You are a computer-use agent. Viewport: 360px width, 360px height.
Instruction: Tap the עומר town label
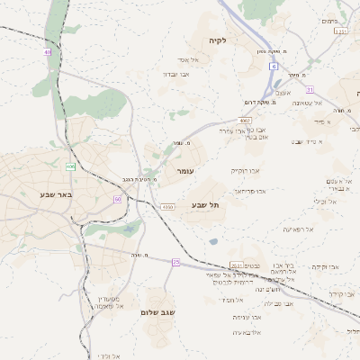pos(185,170)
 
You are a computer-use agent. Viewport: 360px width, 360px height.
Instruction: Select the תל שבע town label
pos(205,205)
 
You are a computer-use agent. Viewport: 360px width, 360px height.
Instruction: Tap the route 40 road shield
pos(47,53)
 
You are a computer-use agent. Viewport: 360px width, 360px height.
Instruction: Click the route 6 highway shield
pos(273,66)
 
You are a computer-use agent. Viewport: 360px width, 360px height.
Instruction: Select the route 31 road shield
pos(310,90)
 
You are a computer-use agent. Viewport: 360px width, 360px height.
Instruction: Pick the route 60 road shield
pos(117,198)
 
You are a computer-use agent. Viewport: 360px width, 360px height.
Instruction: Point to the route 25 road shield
pos(176,261)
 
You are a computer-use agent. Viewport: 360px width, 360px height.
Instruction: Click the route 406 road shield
pos(70,166)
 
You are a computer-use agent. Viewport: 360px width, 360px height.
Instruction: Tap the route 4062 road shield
pos(245,119)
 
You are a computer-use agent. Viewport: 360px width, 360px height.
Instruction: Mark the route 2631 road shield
pos(237,265)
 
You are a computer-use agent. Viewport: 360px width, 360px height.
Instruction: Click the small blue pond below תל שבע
pos(213,241)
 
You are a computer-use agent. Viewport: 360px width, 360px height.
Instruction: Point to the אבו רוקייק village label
pos(245,170)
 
